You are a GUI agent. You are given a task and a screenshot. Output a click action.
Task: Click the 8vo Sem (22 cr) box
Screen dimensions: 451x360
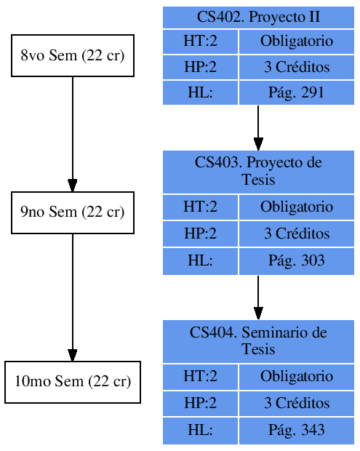(x=73, y=55)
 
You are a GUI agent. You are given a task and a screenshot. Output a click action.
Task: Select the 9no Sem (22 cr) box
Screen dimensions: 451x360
(x=73, y=212)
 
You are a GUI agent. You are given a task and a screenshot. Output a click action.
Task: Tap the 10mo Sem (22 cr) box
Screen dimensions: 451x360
(x=73, y=382)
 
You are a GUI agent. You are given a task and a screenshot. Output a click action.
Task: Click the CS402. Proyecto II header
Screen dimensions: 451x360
(x=258, y=17)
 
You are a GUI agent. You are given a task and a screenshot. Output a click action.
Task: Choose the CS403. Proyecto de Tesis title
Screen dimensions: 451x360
(x=258, y=171)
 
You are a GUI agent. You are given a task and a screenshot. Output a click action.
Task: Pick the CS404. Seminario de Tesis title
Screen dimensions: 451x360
(x=258, y=340)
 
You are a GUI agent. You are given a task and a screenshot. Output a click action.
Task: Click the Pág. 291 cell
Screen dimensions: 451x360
(x=296, y=92)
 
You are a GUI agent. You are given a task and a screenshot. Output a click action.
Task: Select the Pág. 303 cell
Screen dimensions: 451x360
(x=296, y=260)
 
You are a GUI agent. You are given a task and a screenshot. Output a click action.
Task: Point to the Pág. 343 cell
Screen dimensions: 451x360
(x=296, y=430)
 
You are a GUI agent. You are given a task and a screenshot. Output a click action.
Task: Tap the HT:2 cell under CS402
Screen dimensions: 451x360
(x=200, y=41)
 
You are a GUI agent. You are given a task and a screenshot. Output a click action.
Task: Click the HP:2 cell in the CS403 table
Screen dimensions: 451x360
(x=200, y=234)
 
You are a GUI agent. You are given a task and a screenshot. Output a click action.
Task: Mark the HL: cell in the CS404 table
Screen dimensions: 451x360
(x=200, y=430)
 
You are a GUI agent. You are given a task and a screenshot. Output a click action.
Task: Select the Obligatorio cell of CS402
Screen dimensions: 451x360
(x=296, y=41)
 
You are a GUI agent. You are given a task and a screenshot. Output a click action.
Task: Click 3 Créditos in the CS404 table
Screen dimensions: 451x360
(x=296, y=404)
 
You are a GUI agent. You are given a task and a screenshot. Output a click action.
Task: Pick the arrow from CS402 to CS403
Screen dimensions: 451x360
(x=258, y=127)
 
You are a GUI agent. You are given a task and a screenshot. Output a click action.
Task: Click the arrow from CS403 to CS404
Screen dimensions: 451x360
(x=258, y=297)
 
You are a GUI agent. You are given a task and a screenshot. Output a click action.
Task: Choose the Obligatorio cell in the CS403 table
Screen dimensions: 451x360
(x=296, y=207)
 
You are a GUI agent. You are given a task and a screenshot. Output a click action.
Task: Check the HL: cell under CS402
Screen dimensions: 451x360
(x=200, y=92)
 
